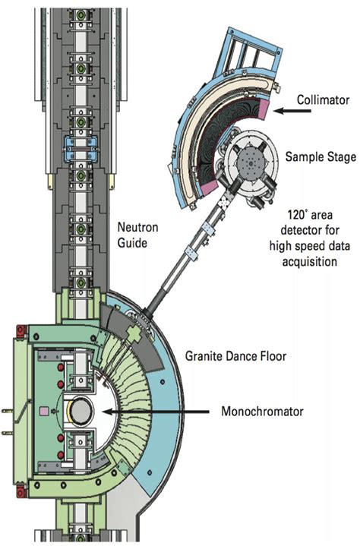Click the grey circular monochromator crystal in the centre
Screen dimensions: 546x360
[81, 412]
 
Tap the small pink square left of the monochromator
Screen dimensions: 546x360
[43, 411]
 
